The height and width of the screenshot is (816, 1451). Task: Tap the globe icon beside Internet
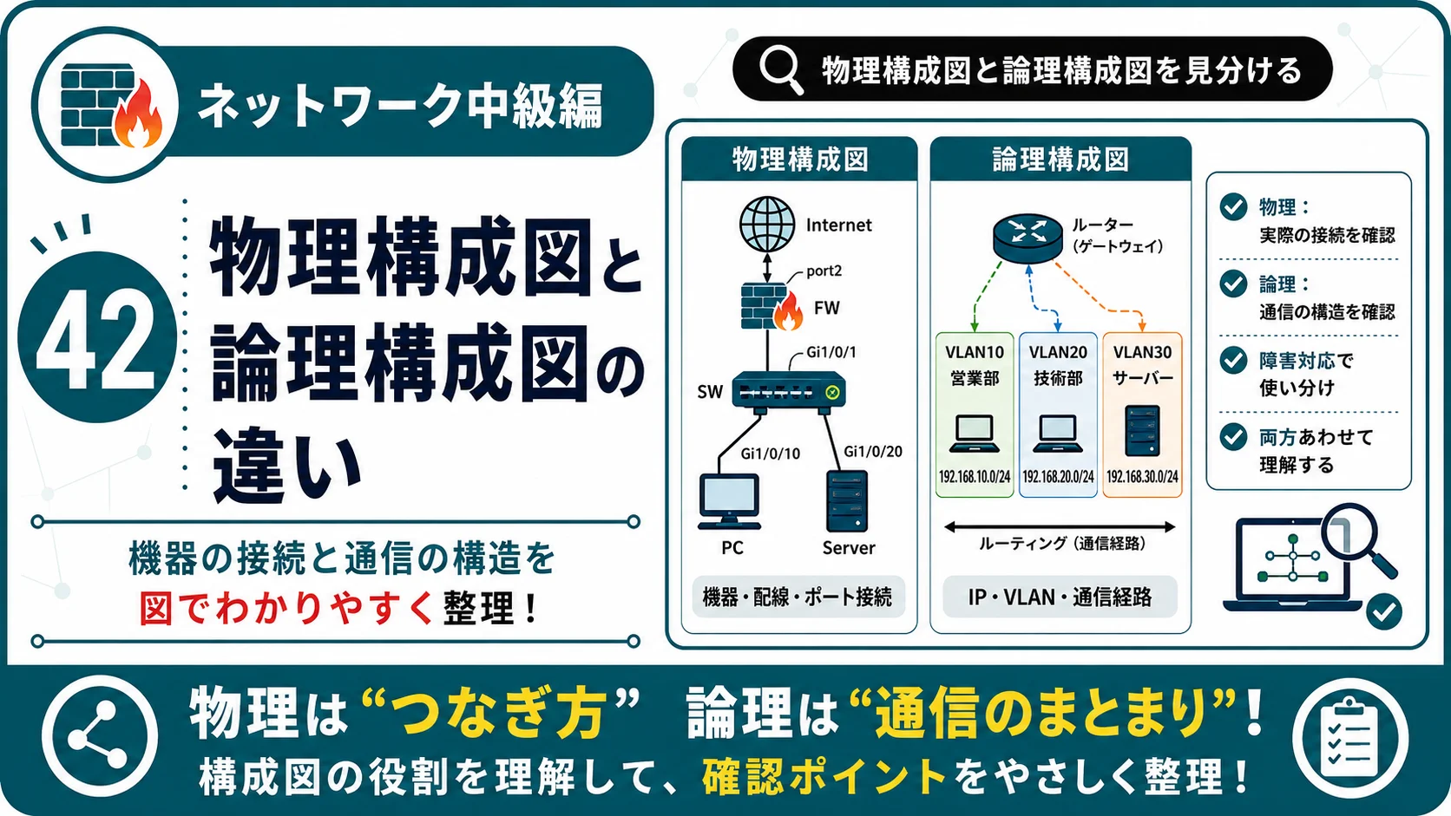[768, 225]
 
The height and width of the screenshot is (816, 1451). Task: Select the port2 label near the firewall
[824, 271]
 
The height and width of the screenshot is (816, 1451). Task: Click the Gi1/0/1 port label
[831, 352]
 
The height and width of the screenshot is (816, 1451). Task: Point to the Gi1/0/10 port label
[771, 454]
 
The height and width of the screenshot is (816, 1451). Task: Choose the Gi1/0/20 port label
[872, 452]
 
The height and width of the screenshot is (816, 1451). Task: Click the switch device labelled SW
[789, 391]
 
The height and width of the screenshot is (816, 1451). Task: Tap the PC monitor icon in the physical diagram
[729, 502]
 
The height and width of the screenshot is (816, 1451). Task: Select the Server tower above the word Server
[847, 501]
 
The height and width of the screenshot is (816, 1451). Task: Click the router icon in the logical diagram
[1028, 238]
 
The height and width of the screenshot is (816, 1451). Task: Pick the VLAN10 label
[975, 353]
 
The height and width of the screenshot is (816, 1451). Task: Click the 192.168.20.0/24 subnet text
[1058, 477]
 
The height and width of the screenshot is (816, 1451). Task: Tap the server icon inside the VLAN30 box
[1142, 431]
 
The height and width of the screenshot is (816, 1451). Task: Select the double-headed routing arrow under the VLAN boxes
[1059, 526]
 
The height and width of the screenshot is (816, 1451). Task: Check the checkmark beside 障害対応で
[1233, 361]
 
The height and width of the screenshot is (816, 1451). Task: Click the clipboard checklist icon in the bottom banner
[1350, 738]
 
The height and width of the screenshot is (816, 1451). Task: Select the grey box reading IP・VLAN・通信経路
[1060, 597]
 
